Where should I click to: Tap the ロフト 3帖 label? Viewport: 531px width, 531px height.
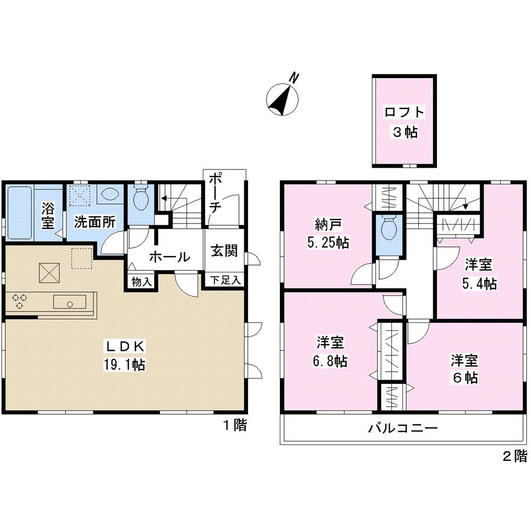[405, 122]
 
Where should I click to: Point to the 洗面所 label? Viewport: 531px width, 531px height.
[95, 222]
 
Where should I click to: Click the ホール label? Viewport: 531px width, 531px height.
[169, 257]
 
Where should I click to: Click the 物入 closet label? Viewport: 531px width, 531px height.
[140, 282]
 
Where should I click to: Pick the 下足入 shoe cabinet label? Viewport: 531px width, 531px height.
[224, 279]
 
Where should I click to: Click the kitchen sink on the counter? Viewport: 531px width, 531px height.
[70, 303]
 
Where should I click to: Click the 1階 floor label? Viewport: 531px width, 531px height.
[234, 425]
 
